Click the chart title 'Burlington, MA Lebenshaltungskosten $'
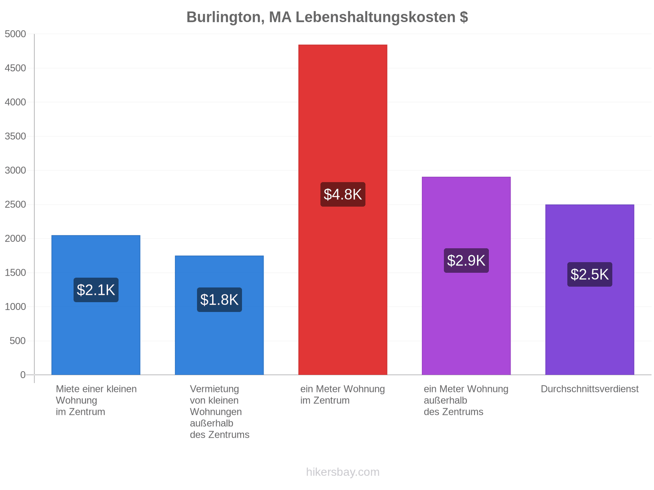[x=327, y=17]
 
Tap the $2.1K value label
[x=96, y=290]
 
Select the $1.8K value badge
[x=219, y=300]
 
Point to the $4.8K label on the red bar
[x=343, y=195]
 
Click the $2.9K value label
[x=466, y=261]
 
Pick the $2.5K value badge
[x=589, y=274]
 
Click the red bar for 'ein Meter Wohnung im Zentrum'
[x=343, y=210]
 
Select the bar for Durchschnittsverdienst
[x=589, y=290]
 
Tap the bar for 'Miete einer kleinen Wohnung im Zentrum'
[x=96, y=305]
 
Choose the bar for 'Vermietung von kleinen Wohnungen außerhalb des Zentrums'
[x=219, y=315]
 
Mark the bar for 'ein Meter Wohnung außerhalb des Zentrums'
[x=466, y=276]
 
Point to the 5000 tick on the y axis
[x=15, y=34]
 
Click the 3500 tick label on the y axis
[x=15, y=136]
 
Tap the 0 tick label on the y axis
[x=22, y=375]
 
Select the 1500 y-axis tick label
[x=15, y=272]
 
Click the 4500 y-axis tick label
[x=15, y=68]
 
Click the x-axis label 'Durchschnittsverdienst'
[x=589, y=389]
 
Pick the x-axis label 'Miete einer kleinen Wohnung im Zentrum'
[x=96, y=401]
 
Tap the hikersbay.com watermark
[x=343, y=472]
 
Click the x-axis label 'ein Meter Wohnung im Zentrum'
[x=343, y=395]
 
